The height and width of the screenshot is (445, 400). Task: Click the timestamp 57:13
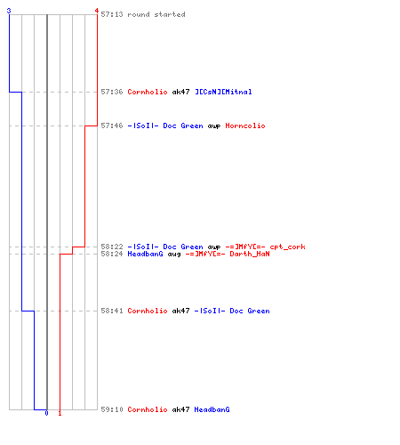[x=112, y=14]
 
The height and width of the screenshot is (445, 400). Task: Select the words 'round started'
[x=156, y=14]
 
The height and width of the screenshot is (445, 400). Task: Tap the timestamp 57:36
[x=112, y=92]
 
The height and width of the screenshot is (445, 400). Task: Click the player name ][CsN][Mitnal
[x=223, y=92]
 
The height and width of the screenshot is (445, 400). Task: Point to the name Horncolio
[x=245, y=125]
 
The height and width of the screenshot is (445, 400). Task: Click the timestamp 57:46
[x=112, y=125]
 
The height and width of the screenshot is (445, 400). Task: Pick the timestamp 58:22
[x=112, y=247]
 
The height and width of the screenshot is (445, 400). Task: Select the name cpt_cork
[x=287, y=247]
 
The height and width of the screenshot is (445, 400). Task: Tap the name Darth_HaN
[x=250, y=254]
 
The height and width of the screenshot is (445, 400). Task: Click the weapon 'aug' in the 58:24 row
[x=174, y=255]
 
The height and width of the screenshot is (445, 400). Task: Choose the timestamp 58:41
[x=112, y=311]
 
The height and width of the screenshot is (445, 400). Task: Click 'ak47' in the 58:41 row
[x=180, y=311]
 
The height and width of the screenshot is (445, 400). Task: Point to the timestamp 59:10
[x=112, y=409]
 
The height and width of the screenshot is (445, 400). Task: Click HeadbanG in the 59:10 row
[x=212, y=409]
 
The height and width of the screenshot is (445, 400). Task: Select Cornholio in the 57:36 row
[x=148, y=92]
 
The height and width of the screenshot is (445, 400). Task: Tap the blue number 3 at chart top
[x=9, y=11]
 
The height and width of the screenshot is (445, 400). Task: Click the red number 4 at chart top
[x=97, y=11]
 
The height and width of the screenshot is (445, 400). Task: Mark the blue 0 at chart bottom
[x=46, y=413]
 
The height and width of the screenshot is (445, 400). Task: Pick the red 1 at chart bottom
[x=60, y=413]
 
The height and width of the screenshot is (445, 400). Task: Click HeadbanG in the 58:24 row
[x=145, y=254]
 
